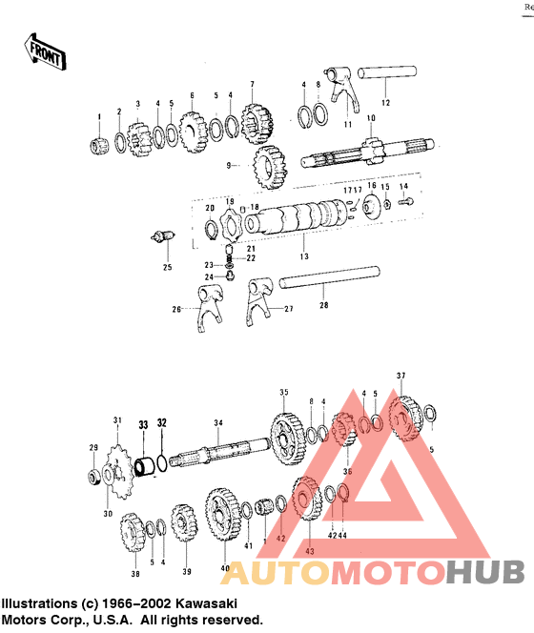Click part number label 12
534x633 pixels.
click(386, 101)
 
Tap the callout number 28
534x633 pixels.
click(324, 305)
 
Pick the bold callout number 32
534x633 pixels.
click(162, 423)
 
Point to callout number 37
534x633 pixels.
click(401, 375)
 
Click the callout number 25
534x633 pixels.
click(167, 267)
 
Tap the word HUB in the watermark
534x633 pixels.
click(485, 572)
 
